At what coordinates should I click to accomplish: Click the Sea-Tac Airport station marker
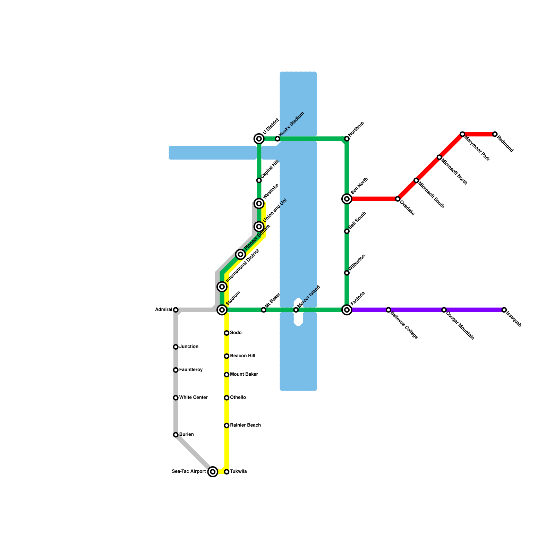pos(213,472)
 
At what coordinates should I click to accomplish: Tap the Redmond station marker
pos(495,134)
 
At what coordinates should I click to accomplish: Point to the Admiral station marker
pos(176,310)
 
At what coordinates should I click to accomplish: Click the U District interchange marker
pos(259,139)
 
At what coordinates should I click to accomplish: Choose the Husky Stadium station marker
pos(277,139)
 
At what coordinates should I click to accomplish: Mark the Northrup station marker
pos(347,139)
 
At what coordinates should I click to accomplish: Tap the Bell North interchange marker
pos(347,199)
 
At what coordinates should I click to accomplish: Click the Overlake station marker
pos(398,199)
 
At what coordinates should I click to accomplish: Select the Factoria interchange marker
pos(347,310)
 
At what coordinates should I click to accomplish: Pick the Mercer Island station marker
pos(296,310)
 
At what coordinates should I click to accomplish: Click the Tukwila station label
pos(238,472)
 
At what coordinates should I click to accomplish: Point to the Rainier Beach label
pos(245,425)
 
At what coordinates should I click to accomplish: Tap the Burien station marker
pos(176,435)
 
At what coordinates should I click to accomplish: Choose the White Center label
pos(193,398)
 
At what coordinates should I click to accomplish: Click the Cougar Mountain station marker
pos(444,310)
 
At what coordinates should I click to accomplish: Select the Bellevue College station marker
pos(388,310)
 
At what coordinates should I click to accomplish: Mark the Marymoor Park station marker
pos(462,134)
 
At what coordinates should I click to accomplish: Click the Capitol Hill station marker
pos(259,180)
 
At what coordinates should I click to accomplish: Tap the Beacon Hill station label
pos(242,356)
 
